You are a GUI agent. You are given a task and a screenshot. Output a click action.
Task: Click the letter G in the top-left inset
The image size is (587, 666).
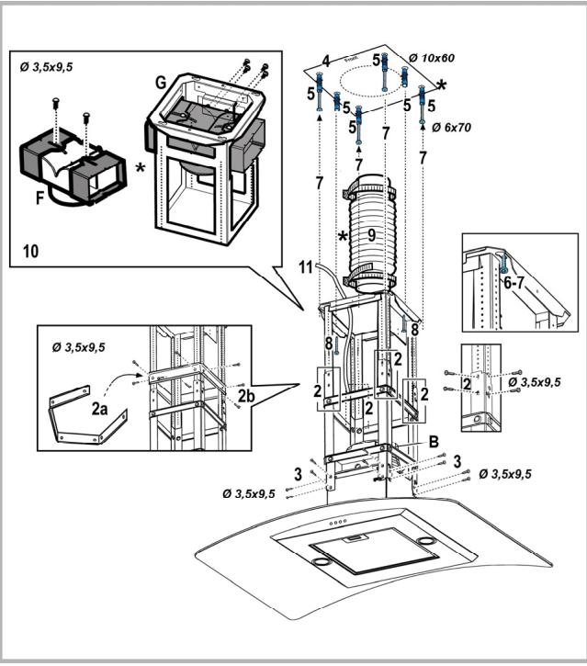pos(161,82)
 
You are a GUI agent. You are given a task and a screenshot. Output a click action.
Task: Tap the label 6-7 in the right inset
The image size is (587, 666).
pos(515,286)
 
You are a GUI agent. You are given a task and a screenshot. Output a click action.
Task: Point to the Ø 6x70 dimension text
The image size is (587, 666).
pos(452,129)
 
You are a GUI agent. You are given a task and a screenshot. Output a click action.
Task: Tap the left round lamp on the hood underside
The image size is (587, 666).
pos(322,561)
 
